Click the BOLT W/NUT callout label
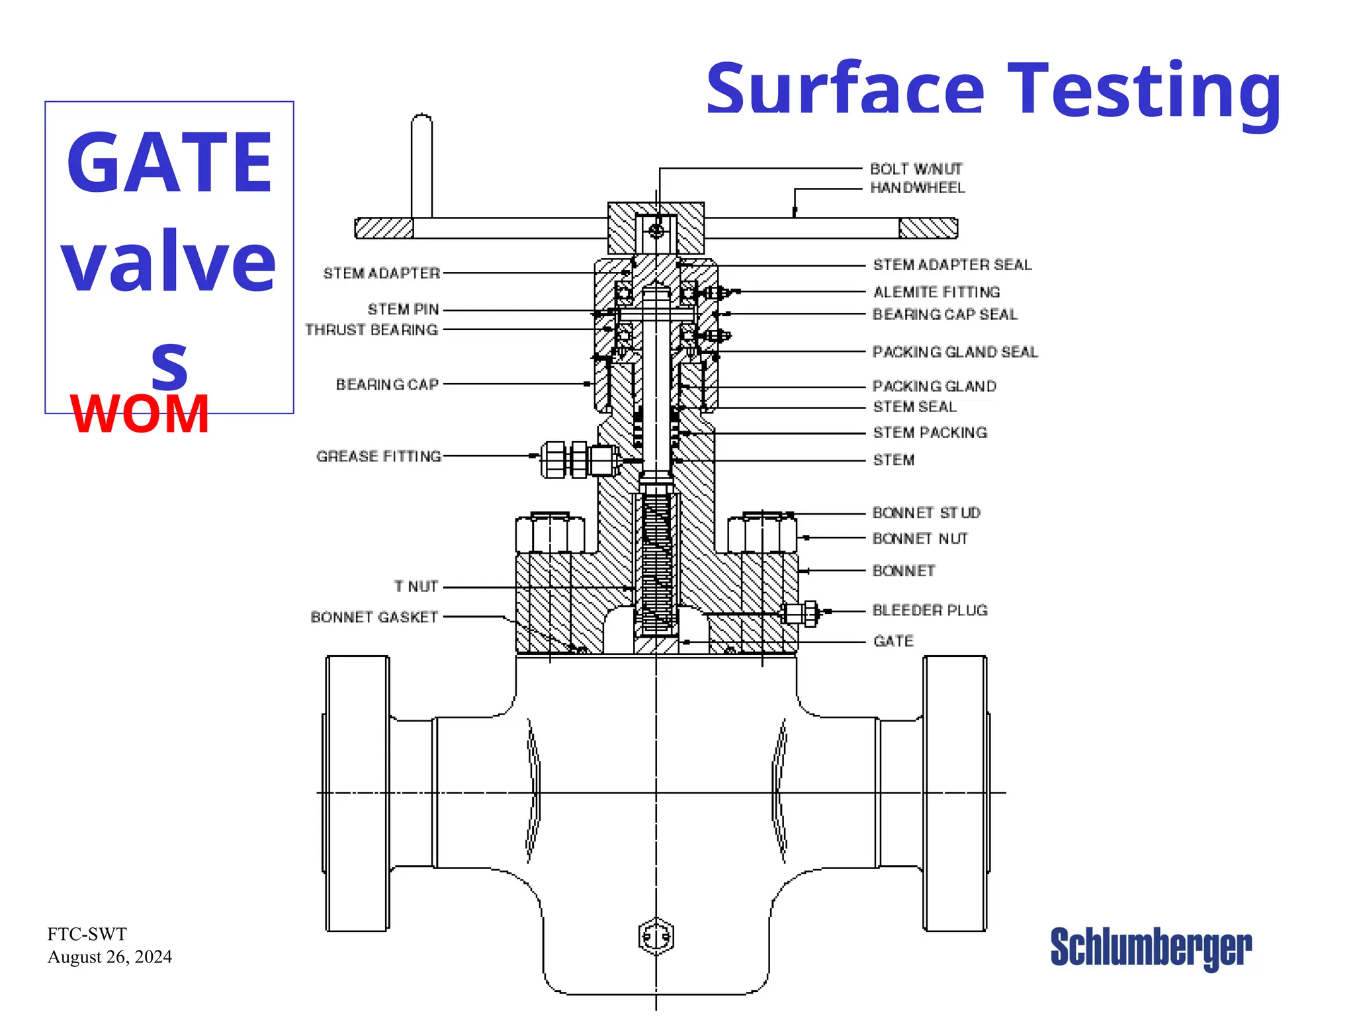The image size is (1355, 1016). pyautogui.click(x=916, y=169)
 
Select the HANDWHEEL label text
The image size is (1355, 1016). pyautogui.click(x=917, y=188)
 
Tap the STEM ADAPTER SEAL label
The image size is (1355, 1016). pyautogui.click(x=952, y=265)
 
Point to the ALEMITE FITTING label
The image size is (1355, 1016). pyautogui.click(x=936, y=292)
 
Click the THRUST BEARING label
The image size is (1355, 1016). pyautogui.click(x=371, y=329)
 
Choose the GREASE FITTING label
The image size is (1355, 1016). pyautogui.click(x=378, y=456)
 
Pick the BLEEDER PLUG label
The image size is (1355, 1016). pyautogui.click(x=930, y=610)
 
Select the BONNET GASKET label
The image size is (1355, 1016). pyautogui.click(x=374, y=617)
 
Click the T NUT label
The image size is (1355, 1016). pyautogui.click(x=415, y=587)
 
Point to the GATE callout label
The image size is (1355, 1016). pyautogui.click(x=893, y=641)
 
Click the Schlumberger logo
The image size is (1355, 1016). pyautogui.click(x=1151, y=948)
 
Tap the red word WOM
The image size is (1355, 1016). pyautogui.click(x=140, y=414)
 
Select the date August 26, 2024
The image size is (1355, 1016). pyautogui.click(x=110, y=957)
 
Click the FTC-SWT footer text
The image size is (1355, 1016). pyautogui.click(x=87, y=934)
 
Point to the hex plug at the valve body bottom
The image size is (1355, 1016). pyautogui.click(x=656, y=936)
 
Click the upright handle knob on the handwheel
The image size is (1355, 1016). pyautogui.click(x=421, y=165)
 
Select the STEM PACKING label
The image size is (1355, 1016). pyautogui.click(x=930, y=433)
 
